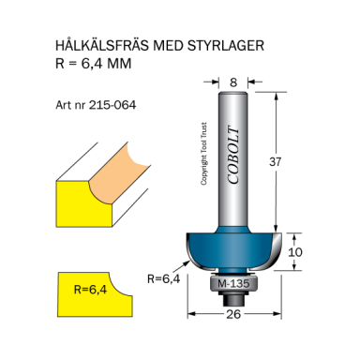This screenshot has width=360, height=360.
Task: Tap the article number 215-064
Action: point(111,105)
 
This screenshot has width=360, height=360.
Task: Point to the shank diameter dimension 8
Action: point(233,82)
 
